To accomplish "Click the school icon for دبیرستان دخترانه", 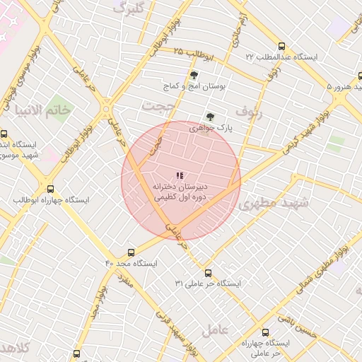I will click(180, 175).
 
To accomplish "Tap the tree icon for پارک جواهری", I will click(209, 117).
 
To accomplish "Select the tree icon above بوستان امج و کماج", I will click(194, 74).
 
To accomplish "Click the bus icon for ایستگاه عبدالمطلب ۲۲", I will click(282, 45).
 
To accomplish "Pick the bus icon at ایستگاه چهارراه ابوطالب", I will click(49, 189).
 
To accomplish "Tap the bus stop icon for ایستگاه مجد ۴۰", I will click(131, 252).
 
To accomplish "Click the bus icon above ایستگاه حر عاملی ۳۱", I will click(208, 273).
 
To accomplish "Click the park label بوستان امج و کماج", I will click(194, 86).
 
